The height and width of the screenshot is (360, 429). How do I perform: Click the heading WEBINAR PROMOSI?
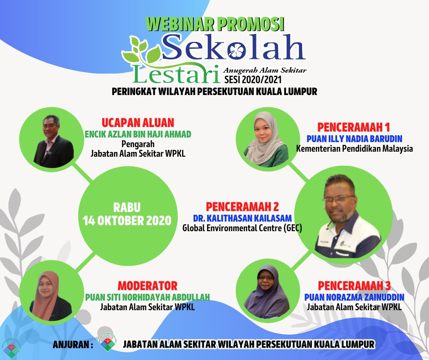tap(215, 24)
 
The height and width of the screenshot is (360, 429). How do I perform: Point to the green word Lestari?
tap(177, 74)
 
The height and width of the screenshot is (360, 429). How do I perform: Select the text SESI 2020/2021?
tap(253, 79)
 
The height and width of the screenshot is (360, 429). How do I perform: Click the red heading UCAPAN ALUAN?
tap(138, 122)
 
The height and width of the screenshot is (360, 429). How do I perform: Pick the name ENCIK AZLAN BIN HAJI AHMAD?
tap(138, 134)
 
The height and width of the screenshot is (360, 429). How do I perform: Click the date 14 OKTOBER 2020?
tap(127, 221)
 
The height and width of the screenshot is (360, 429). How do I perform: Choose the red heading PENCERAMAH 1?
tap(354, 127)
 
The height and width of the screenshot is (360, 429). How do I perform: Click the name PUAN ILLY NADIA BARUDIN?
tap(354, 138)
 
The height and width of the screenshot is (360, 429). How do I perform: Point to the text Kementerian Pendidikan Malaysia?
tap(354, 149)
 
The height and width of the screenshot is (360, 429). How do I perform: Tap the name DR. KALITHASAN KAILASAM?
tap(242, 218)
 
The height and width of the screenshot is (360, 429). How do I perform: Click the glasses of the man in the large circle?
tap(339, 199)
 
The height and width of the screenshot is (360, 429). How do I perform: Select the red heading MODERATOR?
tap(147, 286)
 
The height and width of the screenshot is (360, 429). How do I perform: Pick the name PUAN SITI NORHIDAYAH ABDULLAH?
tap(147, 297)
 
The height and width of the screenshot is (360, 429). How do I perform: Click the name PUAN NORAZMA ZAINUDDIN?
tap(354, 297)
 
